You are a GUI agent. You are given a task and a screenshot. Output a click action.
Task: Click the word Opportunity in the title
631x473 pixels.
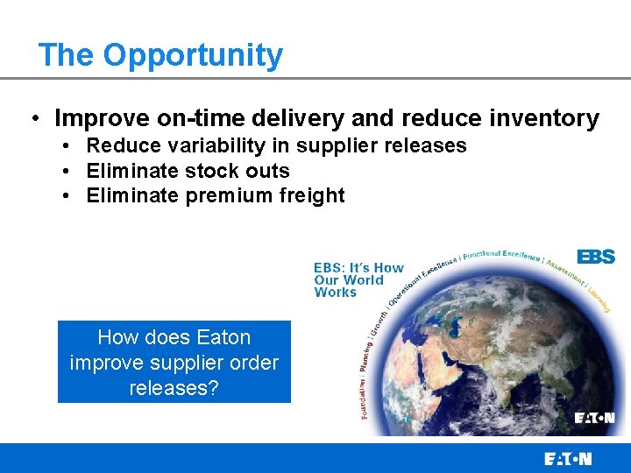pos(193,55)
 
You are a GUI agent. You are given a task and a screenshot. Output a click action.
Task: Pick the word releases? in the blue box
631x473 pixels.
pos(174,388)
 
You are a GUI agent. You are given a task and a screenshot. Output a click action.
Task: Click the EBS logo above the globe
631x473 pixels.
pos(596,257)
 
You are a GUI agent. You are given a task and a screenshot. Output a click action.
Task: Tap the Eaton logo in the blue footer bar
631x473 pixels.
pos(568,458)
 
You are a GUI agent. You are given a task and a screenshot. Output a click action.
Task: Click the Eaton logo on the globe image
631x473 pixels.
pos(594,418)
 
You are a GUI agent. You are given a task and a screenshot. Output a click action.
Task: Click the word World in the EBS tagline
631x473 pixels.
pos(363,280)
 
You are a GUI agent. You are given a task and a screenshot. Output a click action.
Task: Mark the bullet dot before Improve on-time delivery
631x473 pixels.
pos(32,119)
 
